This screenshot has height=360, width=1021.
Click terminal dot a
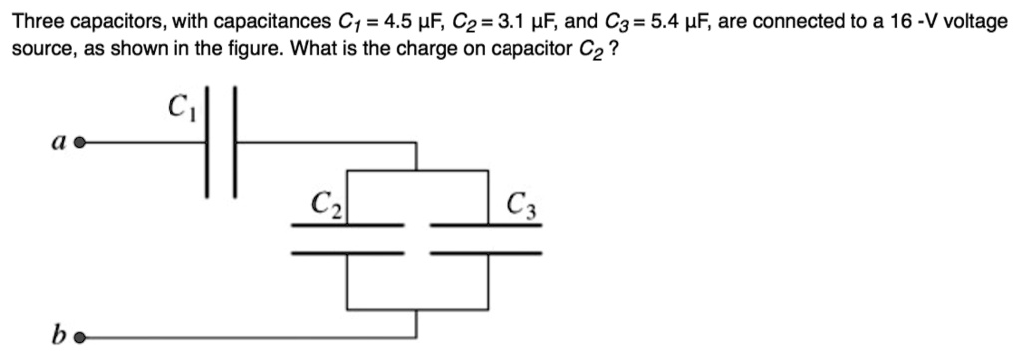[x=80, y=144]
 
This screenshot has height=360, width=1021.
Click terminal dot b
[x=80, y=337]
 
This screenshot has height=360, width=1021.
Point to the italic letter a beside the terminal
[x=61, y=143]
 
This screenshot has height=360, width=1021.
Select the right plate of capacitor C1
[x=236, y=144]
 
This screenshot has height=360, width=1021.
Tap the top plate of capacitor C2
[x=347, y=225]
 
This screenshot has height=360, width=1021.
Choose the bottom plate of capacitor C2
[x=347, y=253]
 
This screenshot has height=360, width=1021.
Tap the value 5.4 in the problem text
[x=661, y=21]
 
